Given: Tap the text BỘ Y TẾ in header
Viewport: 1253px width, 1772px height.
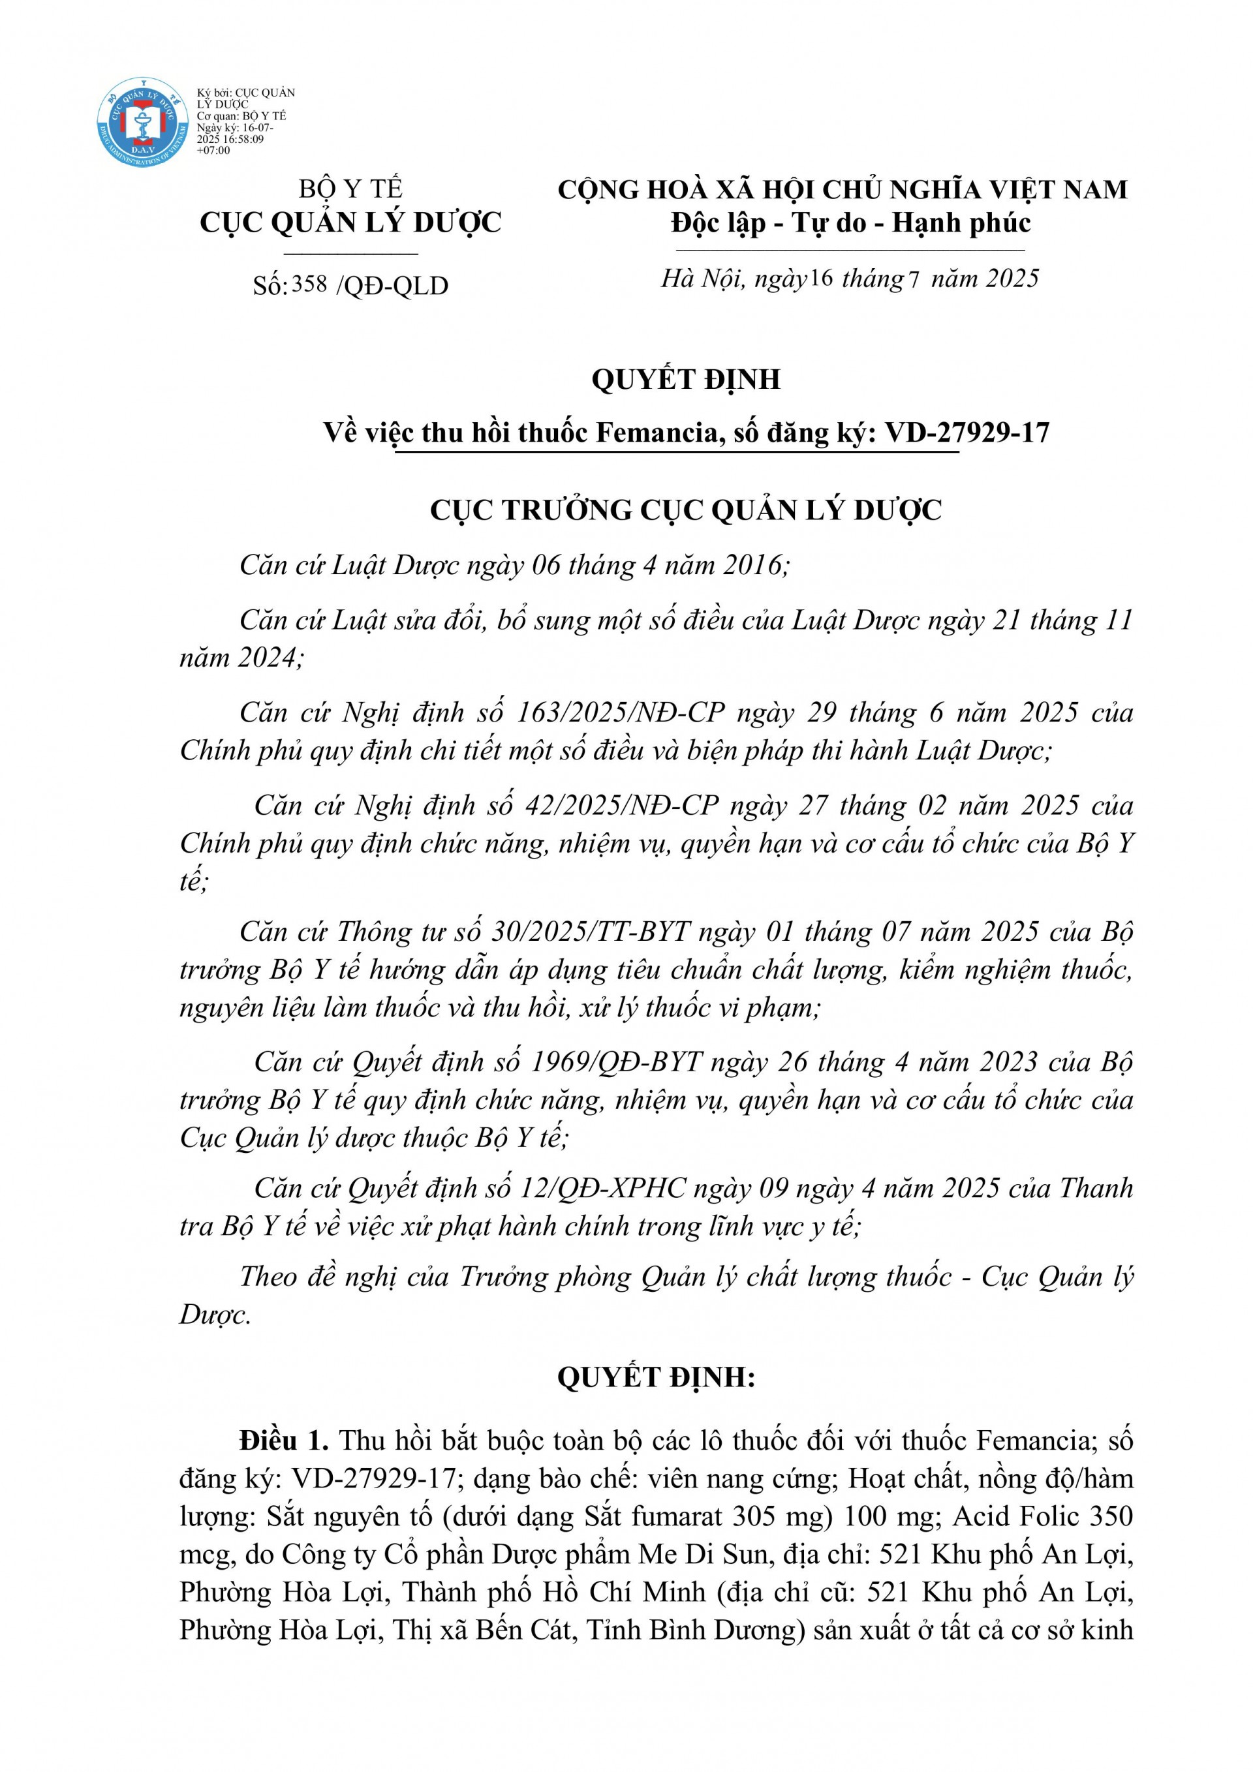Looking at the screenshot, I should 350,189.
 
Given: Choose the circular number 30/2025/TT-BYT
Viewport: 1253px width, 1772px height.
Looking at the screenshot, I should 590,932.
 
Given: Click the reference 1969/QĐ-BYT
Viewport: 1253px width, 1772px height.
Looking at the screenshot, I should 617,1062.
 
